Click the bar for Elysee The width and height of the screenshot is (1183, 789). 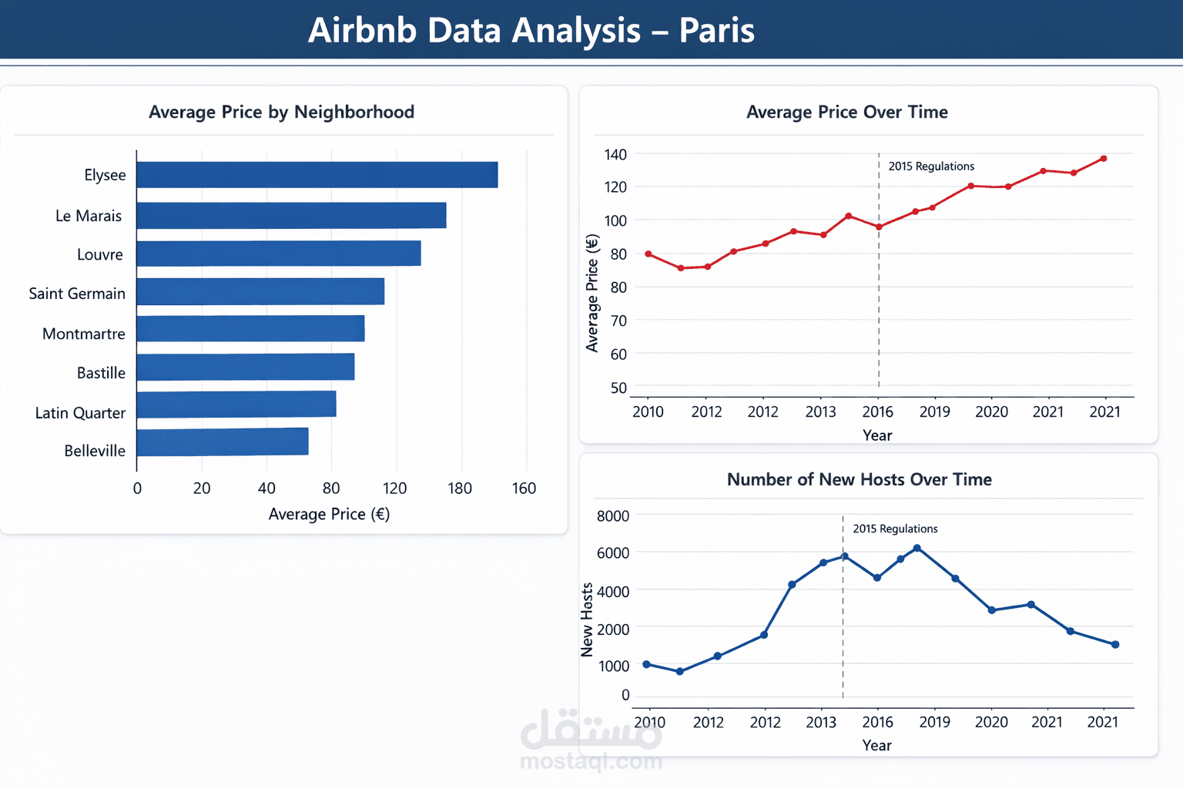tap(317, 175)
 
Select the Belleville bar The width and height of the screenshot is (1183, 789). tap(223, 442)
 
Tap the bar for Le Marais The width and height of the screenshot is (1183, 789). tap(291, 216)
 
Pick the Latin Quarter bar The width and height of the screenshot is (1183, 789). tap(236, 405)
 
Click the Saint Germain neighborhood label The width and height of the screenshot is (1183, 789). tap(77, 294)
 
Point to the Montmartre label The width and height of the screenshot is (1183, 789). tap(83, 334)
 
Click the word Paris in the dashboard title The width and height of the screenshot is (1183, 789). tap(716, 31)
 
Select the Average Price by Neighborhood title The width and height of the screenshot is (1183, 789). tap(281, 112)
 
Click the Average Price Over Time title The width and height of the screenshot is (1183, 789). tap(846, 112)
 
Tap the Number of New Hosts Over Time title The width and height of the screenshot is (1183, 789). tap(859, 479)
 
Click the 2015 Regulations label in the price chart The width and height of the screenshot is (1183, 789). tap(930, 166)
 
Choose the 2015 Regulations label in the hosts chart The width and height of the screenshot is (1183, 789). tap(895, 529)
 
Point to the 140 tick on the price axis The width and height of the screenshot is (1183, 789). tap(615, 155)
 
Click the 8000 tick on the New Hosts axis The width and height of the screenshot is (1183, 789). tap(613, 516)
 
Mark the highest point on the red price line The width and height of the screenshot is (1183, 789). tap(1104, 159)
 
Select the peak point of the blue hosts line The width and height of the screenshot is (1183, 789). tap(917, 549)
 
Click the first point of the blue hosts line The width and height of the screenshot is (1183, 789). tap(647, 664)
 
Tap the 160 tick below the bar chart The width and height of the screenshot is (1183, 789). tap(524, 489)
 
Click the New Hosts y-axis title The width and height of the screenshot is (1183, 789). tap(587, 619)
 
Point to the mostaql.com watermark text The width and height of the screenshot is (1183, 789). tap(591, 762)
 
